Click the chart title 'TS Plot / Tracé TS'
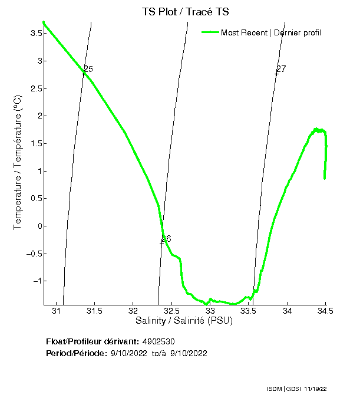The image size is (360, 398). [x=185, y=12]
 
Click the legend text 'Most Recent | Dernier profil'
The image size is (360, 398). [x=270, y=32]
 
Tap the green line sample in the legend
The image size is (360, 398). [x=210, y=32]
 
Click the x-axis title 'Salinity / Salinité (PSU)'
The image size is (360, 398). [x=184, y=321]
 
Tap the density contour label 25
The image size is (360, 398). [x=88, y=70]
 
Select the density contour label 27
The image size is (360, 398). [x=281, y=69]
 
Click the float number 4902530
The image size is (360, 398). [x=158, y=341]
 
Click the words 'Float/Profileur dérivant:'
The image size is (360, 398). [x=93, y=341]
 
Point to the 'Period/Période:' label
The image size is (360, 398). [x=76, y=353]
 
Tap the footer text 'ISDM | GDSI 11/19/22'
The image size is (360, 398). [x=296, y=390]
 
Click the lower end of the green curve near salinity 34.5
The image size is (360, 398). [x=325, y=177]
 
